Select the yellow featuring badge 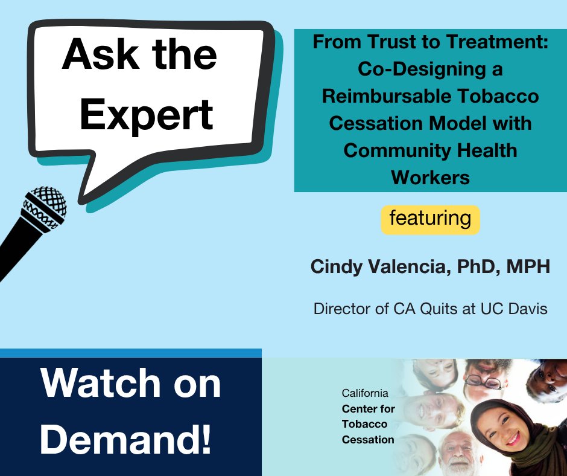point(430,218)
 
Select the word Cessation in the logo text point(368,439)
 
